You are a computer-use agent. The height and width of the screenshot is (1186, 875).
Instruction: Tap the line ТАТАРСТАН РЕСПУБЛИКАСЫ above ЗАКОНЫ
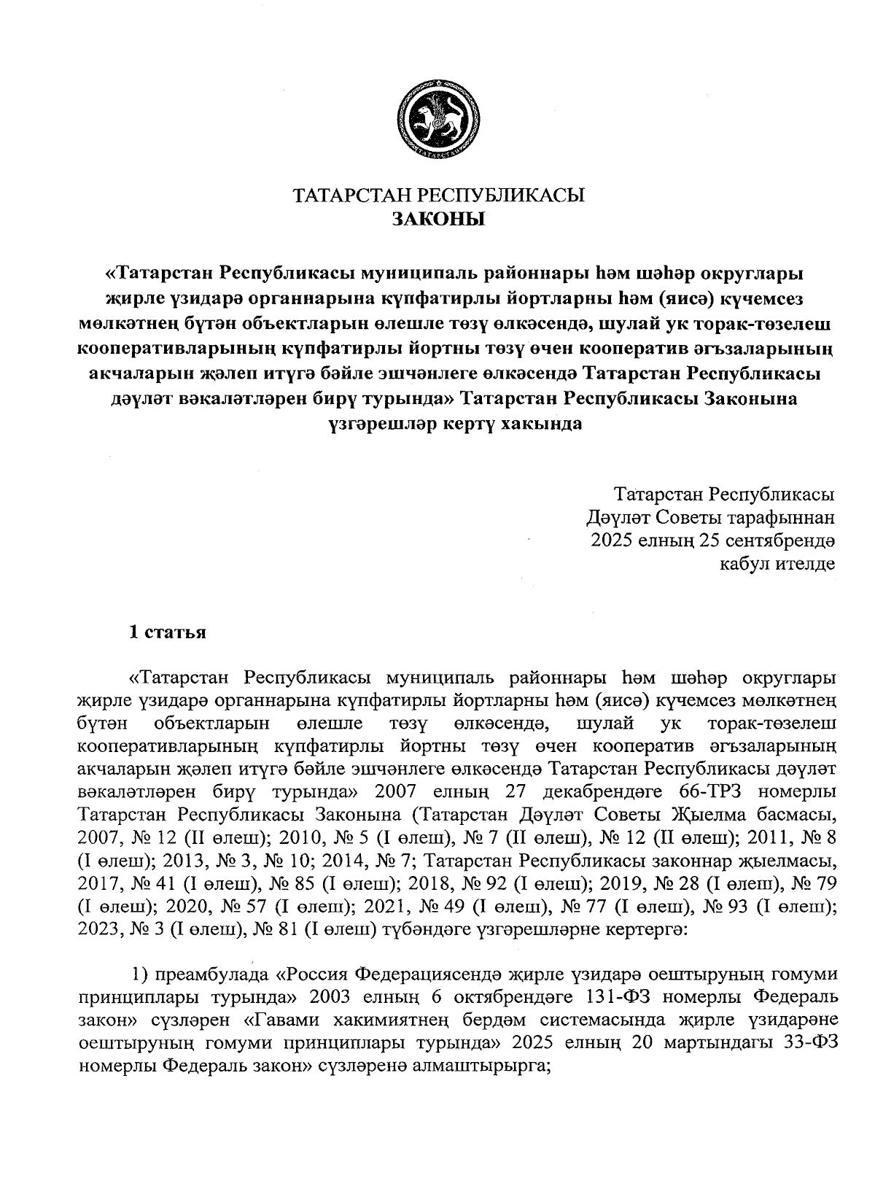(438, 195)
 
